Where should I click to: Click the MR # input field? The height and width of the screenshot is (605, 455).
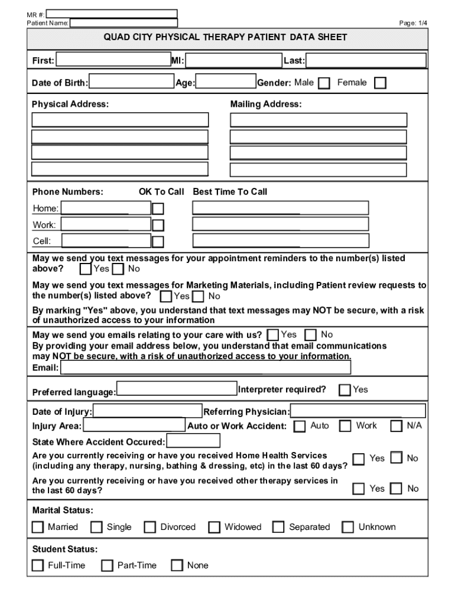tap(112, 13)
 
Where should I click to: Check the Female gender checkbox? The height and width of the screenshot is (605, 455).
tap(381, 83)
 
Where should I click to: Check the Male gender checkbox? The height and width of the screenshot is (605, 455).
tap(324, 83)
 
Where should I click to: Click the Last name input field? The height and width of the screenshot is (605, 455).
tap(366, 61)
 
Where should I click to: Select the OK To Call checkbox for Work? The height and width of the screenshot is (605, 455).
tap(158, 225)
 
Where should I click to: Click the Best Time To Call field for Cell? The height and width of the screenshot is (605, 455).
tap(280, 241)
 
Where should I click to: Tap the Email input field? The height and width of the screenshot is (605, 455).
tap(206, 367)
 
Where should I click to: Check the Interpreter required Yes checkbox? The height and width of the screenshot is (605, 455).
tap(344, 390)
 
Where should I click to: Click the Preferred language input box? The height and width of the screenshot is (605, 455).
tap(177, 389)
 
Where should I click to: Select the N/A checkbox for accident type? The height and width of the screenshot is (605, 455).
tap(396, 426)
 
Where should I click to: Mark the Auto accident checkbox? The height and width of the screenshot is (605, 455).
tap(300, 426)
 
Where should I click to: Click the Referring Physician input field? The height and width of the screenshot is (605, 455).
tap(357, 411)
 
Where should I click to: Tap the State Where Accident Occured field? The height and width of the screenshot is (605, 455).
tap(193, 441)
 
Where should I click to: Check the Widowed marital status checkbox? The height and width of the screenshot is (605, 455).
tap(214, 527)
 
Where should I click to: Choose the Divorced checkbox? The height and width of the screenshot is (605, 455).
tap(150, 527)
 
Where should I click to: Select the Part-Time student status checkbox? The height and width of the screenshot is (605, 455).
tap(107, 565)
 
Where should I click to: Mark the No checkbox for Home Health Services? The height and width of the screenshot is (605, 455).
tap(396, 458)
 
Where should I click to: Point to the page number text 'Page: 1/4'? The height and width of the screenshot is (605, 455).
tap(413, 23)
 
